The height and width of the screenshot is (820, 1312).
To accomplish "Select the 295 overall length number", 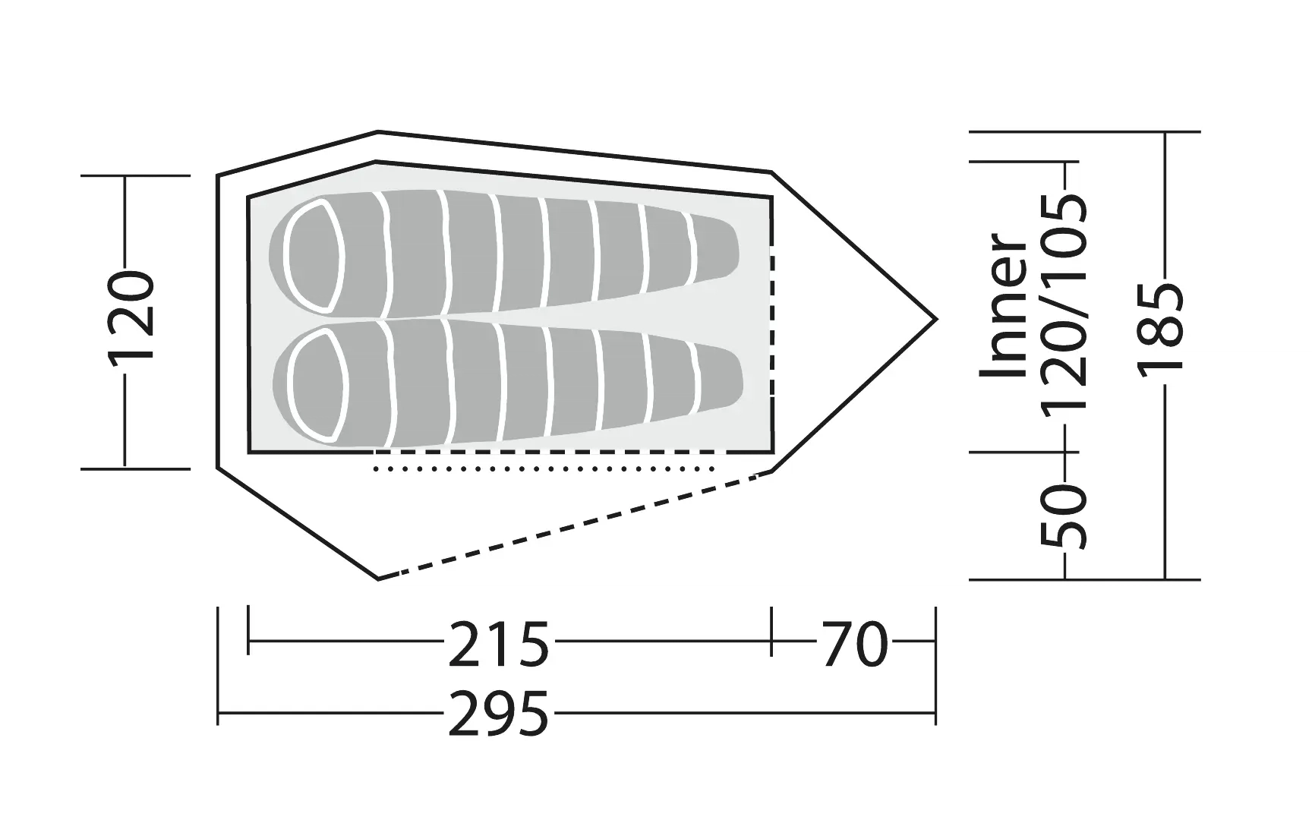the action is (498, 714).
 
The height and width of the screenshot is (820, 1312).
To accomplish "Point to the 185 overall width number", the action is (1161, 327).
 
